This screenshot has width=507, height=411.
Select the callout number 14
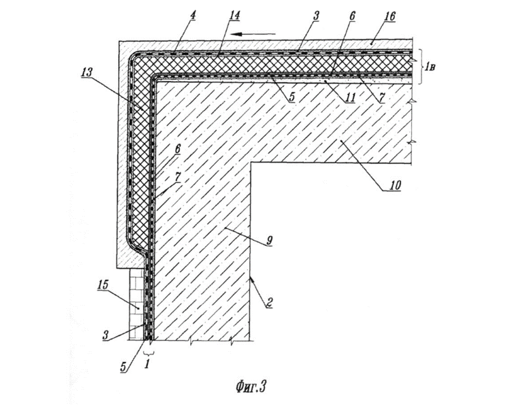pyautogui.click(x=234, y=16)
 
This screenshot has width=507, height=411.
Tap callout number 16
pyautogui.click(x=390, y=16)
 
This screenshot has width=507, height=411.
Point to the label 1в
pyautogui.click(x=430, y=67)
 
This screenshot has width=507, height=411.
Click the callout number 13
pyautogui.click(x=86, y=72)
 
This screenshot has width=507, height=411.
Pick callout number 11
pyautogui.click(x=350, y=97)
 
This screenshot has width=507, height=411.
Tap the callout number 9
pyautogui.click(x=270, y=240)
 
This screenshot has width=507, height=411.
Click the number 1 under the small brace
pyautogui.click(x=147, y=364)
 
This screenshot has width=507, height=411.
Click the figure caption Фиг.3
pyautogui.click(x=250, y=387)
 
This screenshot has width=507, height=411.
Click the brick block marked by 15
pyautogui.click(x=136, y=304)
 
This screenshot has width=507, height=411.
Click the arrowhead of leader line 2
pyautogui.click(x=251, y=279)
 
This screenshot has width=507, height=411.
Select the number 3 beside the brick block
pyautogui.click(x=105, y=335)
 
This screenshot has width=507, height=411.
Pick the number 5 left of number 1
pyautogui.click(x=123, y=368)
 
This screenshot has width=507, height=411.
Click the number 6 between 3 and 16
pyautogui.click(x=352, y=16)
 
